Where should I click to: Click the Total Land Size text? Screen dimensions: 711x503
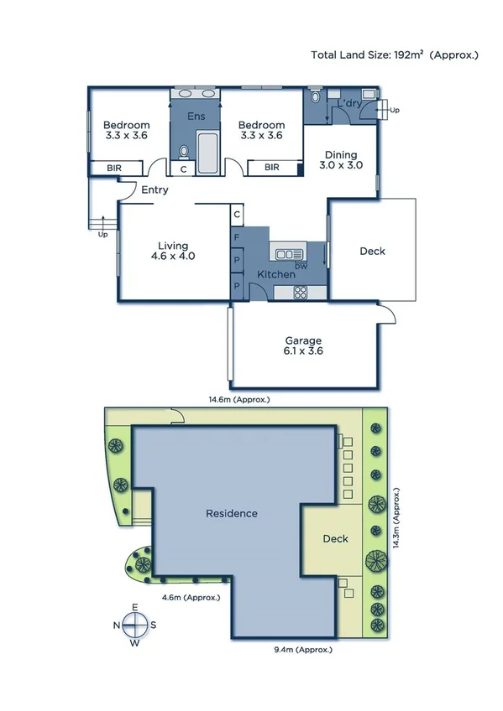click(395, 55)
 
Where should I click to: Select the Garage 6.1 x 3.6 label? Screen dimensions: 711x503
click(303, 345)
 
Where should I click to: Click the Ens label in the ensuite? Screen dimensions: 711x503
click(196, 116)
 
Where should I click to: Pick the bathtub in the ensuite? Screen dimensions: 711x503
click(207, 152)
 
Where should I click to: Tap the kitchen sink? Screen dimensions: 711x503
click(290, 253)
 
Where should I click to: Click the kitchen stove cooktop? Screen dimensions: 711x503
click(299, 292)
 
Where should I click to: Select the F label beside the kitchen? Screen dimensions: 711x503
click(238, 238)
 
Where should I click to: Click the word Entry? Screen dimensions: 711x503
click(155, 190)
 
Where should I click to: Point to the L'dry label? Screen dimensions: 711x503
click(349, 104)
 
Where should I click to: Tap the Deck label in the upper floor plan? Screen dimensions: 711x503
click(373, 251)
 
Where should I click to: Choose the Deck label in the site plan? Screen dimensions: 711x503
click(335, 539)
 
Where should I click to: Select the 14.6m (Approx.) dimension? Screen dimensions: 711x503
click(240, 400)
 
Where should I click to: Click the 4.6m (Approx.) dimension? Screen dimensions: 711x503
click(191, 597)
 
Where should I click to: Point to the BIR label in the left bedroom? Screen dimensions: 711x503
click(113, 168)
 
